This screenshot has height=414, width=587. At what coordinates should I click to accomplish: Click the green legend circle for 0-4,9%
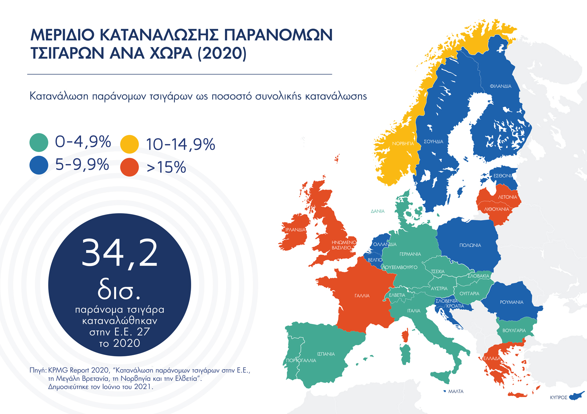point(39,143)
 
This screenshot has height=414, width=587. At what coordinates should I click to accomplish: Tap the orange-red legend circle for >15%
point(130,168)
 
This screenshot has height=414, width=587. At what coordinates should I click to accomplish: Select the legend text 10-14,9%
point(181,144)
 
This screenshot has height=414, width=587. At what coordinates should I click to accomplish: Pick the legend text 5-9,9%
point(82,165)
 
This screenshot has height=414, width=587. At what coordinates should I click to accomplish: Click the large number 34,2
point(120,253)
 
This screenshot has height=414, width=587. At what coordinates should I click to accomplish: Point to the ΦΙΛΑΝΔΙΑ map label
point(500,86)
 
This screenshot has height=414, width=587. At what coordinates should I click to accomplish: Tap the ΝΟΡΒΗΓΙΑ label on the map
point(403,144)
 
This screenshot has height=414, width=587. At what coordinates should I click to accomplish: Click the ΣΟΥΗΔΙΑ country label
point(433,141)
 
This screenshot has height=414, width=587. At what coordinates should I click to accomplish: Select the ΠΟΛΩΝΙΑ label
point(470,245)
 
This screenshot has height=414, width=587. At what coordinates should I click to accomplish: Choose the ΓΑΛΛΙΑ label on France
point(362,296)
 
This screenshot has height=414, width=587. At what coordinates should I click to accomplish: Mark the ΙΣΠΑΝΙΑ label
point(326,354)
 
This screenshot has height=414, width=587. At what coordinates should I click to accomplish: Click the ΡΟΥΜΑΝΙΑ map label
point(511,302)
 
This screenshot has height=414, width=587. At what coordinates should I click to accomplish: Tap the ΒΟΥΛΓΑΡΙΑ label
point(514,331)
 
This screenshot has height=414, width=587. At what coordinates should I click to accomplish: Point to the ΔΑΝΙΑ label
point(378,211)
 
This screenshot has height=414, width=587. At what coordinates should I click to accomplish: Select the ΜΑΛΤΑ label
point(456,392)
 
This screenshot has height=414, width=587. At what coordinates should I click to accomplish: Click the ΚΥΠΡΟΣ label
point(558,397)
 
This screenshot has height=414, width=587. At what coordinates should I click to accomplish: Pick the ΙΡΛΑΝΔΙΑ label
point(295,230)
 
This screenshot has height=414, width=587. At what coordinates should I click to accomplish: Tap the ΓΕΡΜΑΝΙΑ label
point(410,254)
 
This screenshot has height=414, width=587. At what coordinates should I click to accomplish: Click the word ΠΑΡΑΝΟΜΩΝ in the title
point(278,35)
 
